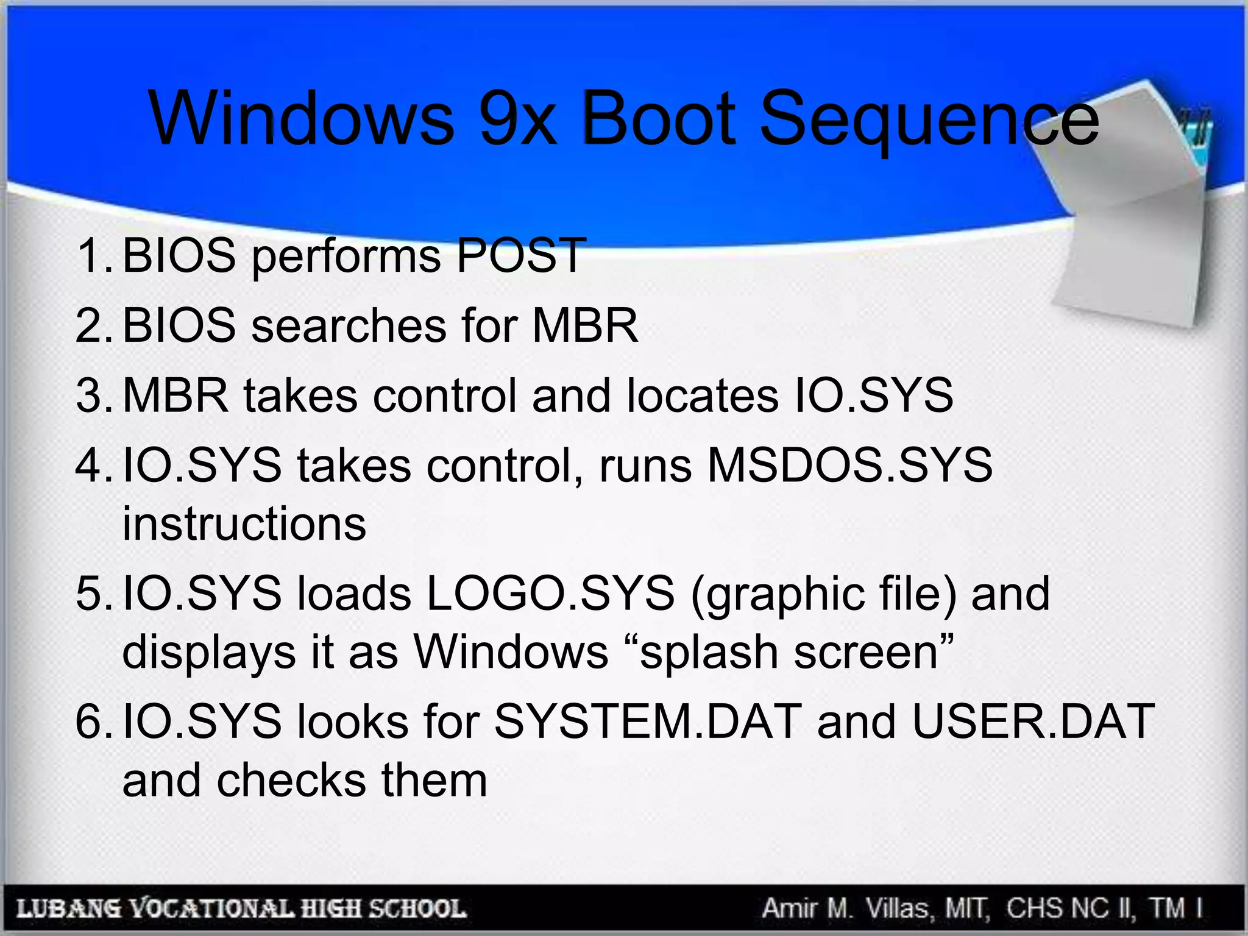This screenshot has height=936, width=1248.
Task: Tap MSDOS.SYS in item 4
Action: tap(849, 465)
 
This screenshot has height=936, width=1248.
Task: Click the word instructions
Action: tap(244, 523)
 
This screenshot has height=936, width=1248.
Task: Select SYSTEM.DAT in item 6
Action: tap(648, 721)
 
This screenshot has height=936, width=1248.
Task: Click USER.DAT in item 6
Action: tap(1033, 721)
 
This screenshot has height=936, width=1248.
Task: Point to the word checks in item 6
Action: tap(292, 780)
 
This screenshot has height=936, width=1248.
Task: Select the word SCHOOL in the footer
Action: tap(417, 909)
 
